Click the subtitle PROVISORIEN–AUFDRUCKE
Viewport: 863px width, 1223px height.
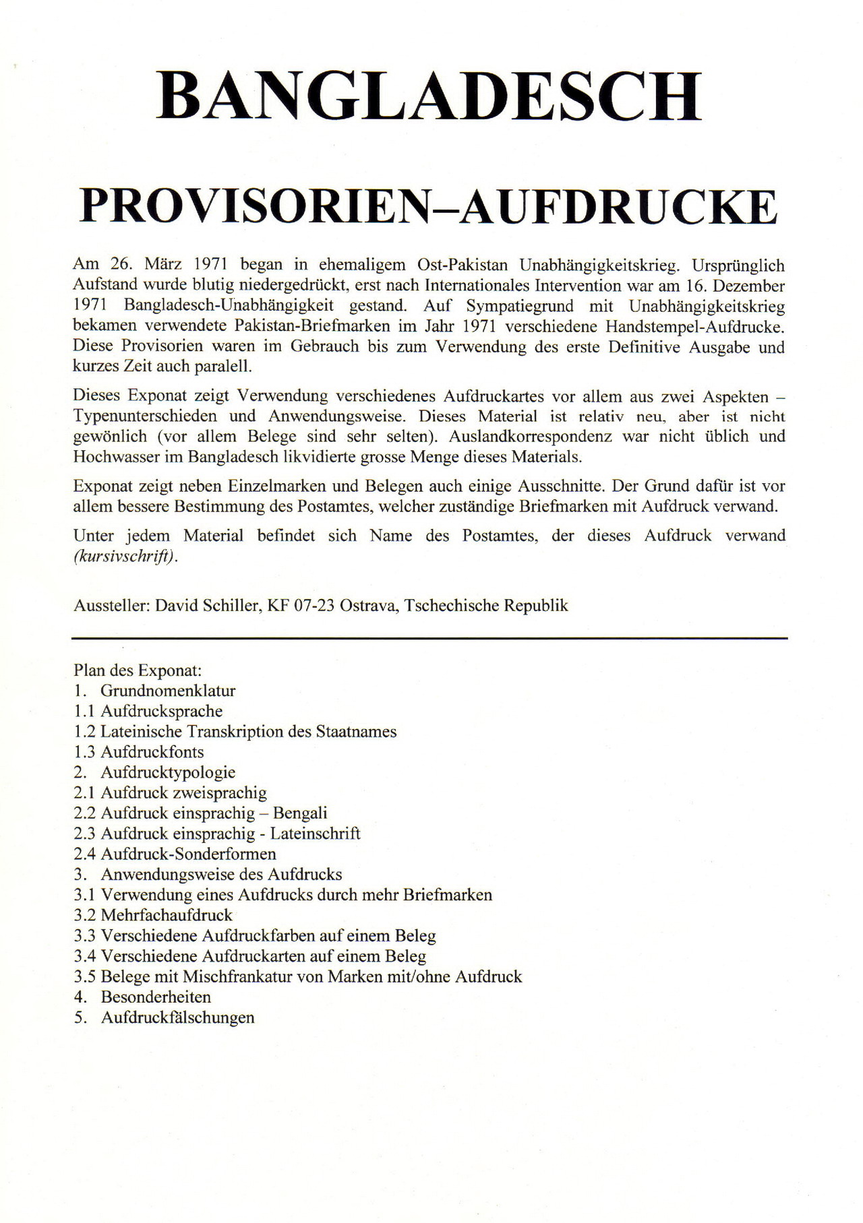pyautogui.click(x=429, y=206)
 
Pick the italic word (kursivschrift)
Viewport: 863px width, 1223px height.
pyautogui.click(x=125, y=557)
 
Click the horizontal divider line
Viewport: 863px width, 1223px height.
pyautogui.click(x=429, y=637)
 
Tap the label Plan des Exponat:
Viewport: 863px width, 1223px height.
pyautogui.click(x=138, y=670)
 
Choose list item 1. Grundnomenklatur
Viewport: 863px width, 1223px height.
pyautogui.click(x=155, y=691)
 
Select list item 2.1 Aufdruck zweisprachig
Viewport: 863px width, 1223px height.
pyautogui.click(x=171, y=793)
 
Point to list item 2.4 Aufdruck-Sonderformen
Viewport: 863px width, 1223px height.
pyautogui.click(x=175, y=854)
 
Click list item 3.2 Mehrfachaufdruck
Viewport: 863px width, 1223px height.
pyautogui.click(x=153, y=916)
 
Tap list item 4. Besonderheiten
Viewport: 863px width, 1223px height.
pyautogui.click(x=143, y=997)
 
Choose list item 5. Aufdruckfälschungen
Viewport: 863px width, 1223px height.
pyautogui.click(x=165, y=1018)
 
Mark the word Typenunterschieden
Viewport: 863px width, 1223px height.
pyautogui.click(x=145, y=416)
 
